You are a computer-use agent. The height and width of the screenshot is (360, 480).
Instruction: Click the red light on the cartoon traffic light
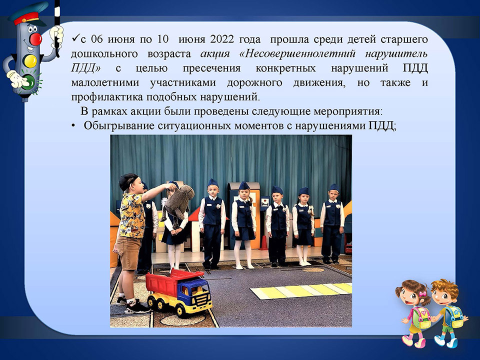(36, 39)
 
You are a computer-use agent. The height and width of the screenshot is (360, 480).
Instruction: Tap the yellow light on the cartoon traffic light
(30, 60)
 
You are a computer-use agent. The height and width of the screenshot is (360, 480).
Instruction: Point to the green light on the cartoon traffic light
(29, 82)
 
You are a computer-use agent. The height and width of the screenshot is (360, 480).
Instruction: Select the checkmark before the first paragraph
(75, 39)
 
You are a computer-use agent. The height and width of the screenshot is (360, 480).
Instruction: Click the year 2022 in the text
(222, 39)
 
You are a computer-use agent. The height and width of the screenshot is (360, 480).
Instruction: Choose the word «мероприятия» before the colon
(348, 111)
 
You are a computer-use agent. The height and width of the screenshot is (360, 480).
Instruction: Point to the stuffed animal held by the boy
(178, 202)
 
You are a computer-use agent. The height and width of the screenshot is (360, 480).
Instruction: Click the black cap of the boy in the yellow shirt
(127, 181)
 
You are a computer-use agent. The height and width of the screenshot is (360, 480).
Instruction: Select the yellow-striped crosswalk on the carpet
(301, 290)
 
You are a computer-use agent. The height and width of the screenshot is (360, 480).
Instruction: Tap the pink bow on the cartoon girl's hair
(423, 294)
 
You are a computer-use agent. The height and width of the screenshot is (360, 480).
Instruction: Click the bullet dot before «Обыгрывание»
(73, 126)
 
